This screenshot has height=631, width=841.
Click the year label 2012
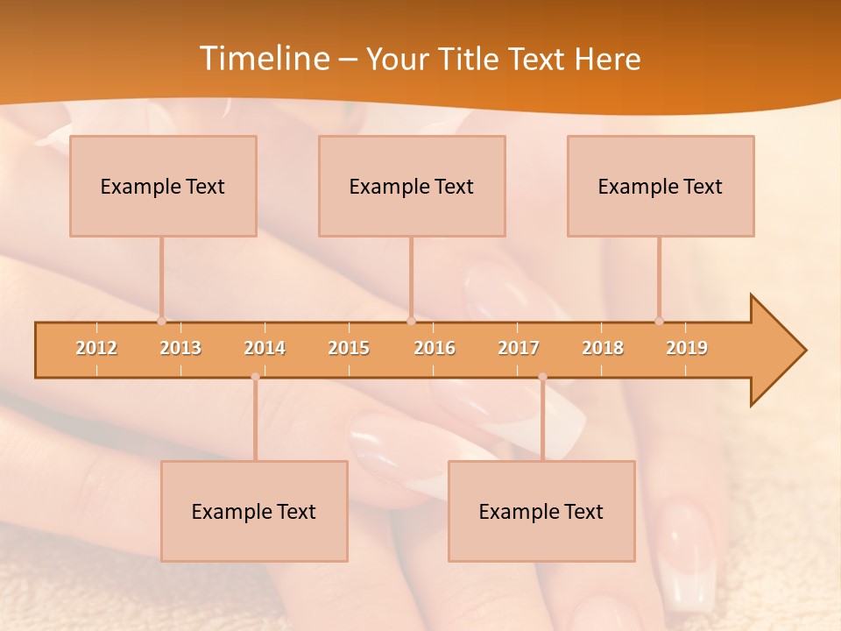(96, 348)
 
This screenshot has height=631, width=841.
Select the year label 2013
(180, 348)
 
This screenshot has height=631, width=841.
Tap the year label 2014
(265, 348)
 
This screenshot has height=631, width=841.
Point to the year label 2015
(349, 348)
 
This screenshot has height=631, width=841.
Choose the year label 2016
(435, 348)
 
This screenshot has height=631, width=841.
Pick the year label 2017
(519, 348)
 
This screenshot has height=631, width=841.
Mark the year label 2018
(603, 348)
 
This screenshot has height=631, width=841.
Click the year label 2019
(687, 348)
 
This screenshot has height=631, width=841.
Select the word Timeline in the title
(263, 59)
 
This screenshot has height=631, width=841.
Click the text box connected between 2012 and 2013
(163, 186)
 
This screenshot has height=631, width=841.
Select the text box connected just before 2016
(412, 186)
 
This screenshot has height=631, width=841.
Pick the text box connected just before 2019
(661, 186)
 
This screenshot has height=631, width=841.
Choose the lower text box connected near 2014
(254, 511)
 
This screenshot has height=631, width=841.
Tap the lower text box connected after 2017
(541, 511)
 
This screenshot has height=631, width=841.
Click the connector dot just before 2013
(161, 321)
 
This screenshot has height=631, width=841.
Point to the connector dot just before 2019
(659, 321)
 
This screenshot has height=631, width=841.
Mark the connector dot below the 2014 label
(255, 377)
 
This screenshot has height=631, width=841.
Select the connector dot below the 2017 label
(542, 377)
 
